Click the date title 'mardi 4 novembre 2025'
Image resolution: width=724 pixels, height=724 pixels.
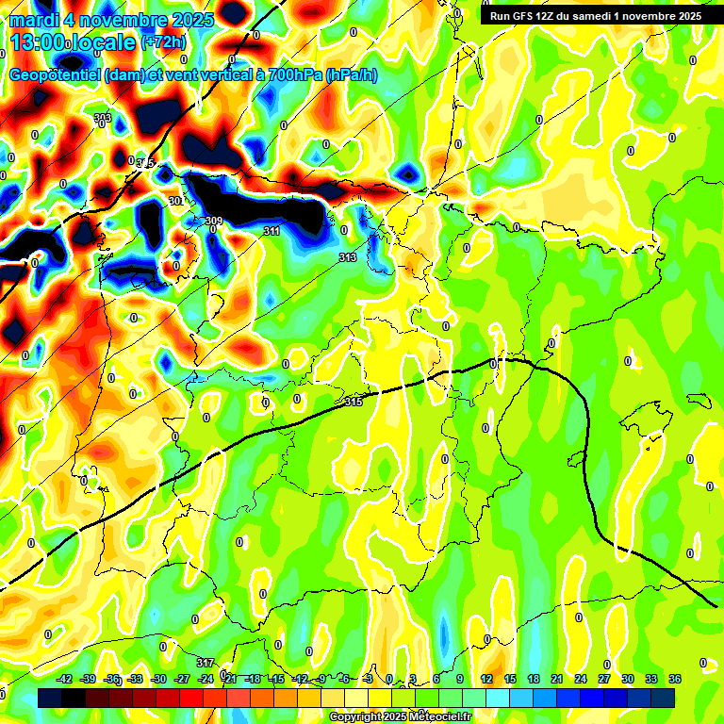tap(111, 19)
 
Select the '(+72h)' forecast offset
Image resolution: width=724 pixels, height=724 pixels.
tap(164, 42)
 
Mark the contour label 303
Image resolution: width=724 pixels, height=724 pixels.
tap(103, 118)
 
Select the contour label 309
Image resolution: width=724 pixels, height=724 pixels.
tap(214, 222)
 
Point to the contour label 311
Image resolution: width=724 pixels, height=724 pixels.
tap(271, 231)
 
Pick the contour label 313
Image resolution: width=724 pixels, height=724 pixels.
tap(347, 257)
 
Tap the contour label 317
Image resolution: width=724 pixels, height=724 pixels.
tap(206, 663)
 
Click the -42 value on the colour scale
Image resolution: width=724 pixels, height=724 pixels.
tap(65, 679)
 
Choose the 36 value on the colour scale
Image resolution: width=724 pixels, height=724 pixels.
tap(675, 679)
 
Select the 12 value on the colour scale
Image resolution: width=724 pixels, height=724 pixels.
tap(486, 679)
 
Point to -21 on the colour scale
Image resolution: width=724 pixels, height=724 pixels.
tap(229, 679)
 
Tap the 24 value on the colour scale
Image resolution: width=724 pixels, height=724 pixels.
tap(581, 679)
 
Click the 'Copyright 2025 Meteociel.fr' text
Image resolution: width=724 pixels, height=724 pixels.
tap(400, 716)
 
